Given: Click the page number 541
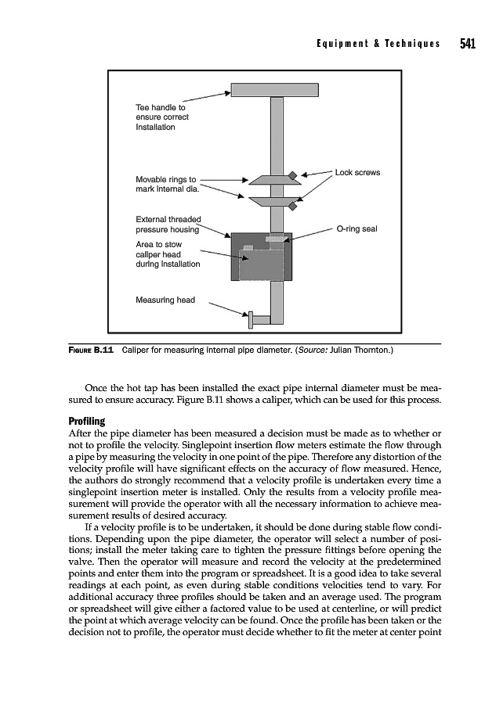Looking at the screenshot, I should tap(469, 44).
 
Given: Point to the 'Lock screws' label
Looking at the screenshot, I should tap(357, 172).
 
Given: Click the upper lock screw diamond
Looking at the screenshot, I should tap(292, 175).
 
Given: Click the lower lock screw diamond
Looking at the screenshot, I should tap(292, 207).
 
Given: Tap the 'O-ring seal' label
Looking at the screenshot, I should tap(357, 229).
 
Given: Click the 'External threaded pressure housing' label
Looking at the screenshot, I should tap(168, 224).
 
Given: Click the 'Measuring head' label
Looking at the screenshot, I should tap(165, 299).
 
